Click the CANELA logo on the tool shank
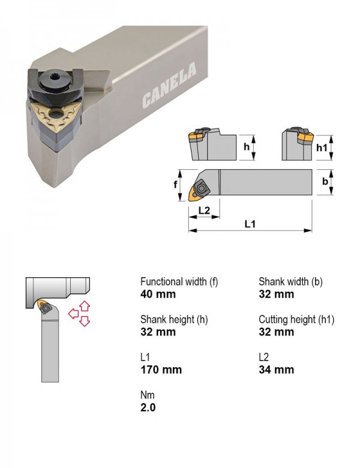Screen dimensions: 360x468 [169, 85]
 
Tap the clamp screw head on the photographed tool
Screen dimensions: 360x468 [56, 79]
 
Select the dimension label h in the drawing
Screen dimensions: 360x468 [246, 147]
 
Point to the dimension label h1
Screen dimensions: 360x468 [322, 148]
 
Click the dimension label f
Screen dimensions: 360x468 [176, 184]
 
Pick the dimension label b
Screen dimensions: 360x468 [325, 181]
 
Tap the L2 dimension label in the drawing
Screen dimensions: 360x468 [204, 211]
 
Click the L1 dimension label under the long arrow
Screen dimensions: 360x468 [250, 224]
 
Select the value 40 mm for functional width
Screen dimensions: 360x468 [158, 294]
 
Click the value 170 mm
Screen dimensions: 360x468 [161, 370]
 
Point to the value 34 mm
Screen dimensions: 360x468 [276, 370]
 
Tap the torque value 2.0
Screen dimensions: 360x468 [148, 408]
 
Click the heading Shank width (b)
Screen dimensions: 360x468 [290, 281]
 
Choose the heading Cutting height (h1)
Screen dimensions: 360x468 [296, 319]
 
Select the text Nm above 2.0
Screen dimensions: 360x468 [148, 395]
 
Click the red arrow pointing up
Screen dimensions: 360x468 [85, 307]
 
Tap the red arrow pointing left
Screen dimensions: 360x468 [73, 314]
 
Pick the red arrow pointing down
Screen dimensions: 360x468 [85, 321]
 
